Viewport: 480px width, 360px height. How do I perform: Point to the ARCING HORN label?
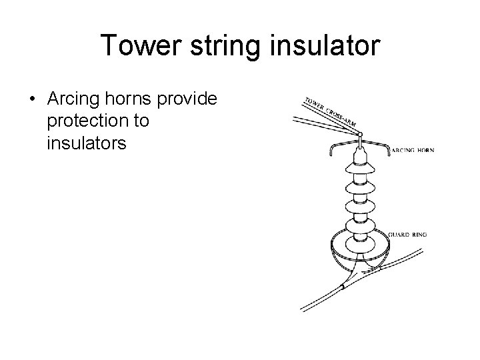click(412, 151)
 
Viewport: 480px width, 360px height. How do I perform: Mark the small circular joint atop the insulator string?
click(360, 135)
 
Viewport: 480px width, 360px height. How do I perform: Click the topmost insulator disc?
click(360, 169)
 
